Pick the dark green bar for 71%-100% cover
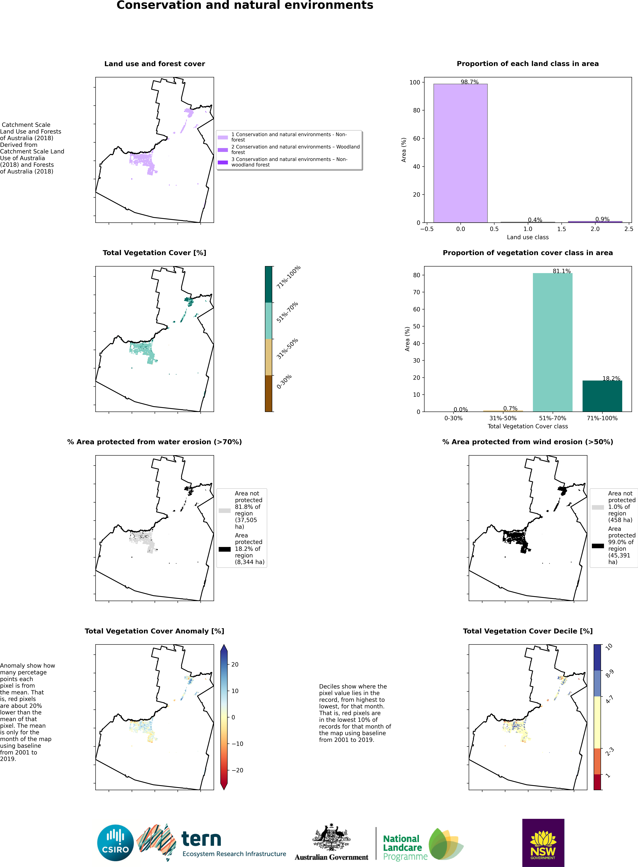coord(602,396)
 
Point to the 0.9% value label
coord(602,219)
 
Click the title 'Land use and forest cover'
coord(154,64)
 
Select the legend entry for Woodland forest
coord(295,149)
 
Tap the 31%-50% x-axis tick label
coord(503,418)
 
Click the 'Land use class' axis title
coord(528,237)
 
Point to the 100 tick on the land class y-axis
coord(414,82)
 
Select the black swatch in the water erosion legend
coord(224,549)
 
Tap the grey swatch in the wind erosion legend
coord(598,507)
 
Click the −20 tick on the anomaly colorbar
coord(237,770)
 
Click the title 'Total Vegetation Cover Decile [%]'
coord(528,631)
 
